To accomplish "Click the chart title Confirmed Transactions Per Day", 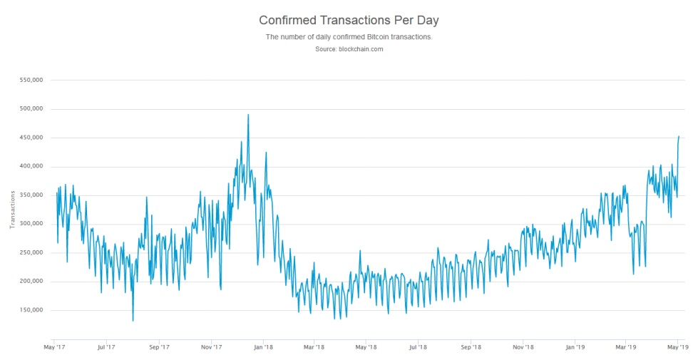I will (349, 20).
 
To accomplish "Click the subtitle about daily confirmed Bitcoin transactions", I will (349, 36).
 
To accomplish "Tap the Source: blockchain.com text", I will (349, 49).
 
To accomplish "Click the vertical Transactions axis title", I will (12, 210).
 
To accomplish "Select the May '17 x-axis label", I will (53, 347).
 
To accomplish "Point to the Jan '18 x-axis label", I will (263, 347).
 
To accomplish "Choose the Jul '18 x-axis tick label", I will (418, 347).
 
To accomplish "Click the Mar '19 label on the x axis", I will (625, 347).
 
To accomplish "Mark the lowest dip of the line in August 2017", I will (133, 321).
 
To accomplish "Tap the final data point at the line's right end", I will (679, 136).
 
